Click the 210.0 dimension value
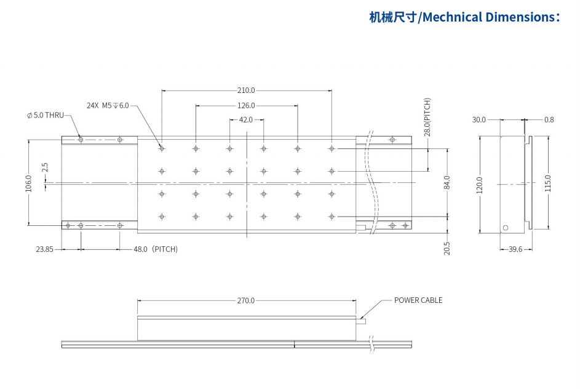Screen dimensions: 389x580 tap(246, 90)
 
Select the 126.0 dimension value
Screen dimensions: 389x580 tap(246, 106)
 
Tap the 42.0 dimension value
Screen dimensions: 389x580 tap(246, 120)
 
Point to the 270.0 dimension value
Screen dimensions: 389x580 tap(246, 301)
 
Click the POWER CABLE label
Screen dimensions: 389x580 tap(418, 300)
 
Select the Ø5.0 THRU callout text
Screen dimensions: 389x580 tap(45, 115)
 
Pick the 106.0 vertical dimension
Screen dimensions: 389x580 tap(28, 183)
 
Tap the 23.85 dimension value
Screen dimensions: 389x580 tap(44, 249)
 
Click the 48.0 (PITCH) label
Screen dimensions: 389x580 tap(156, 249)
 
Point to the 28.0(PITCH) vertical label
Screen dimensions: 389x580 tap(427, 117)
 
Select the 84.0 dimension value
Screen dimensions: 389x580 tap(447, 183)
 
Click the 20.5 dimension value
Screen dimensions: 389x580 tap(447, 247)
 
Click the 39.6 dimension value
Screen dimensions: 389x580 tap(515, 249)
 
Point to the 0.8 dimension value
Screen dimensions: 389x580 tap(549, 120)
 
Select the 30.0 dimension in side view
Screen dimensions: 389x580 tap(479, 120)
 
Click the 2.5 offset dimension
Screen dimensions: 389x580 tap(44, 167)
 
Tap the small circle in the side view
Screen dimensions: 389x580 tap(506, 228)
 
